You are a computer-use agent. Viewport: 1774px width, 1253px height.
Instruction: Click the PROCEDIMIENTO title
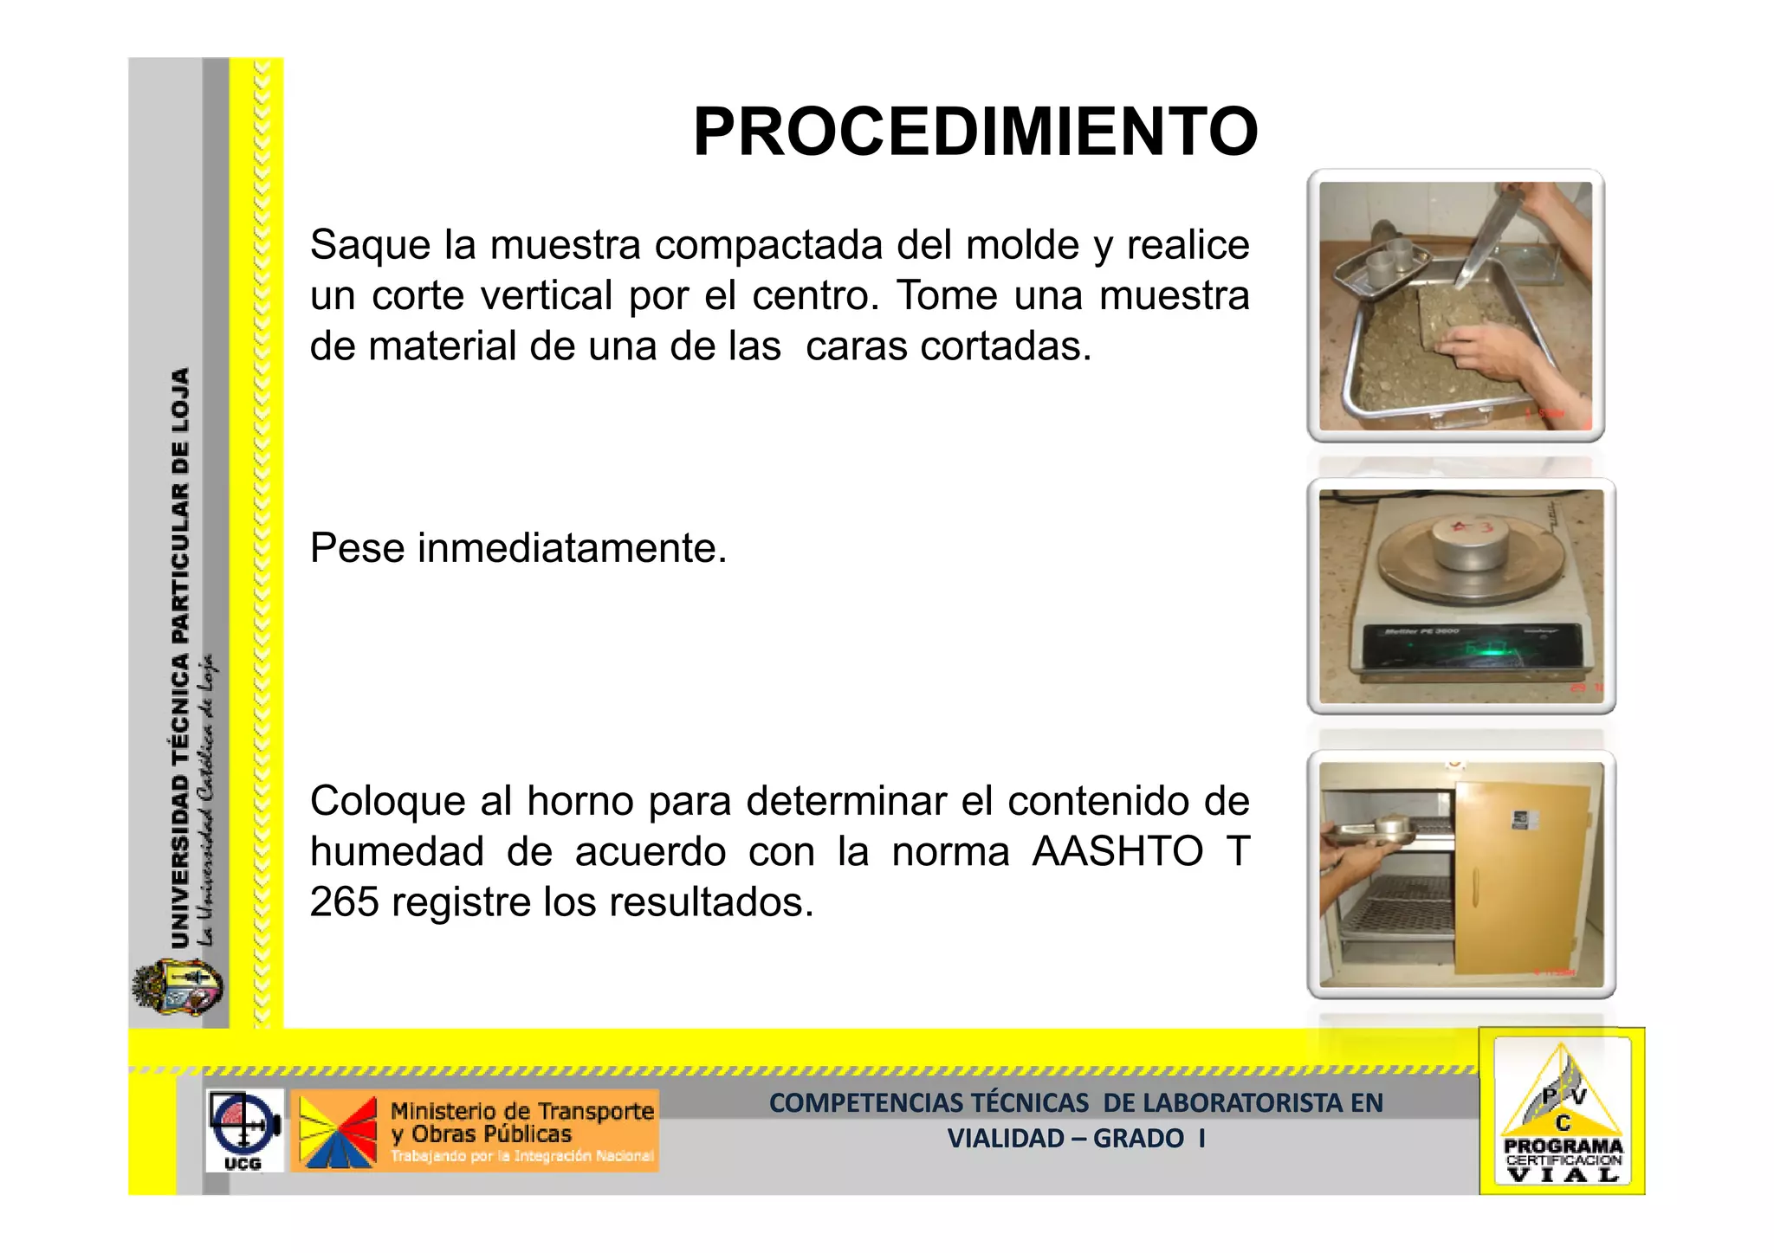coord(974,132)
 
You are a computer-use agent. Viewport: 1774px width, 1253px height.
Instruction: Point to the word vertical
coord(546,296)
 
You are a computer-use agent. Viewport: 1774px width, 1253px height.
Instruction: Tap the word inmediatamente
coord(572,548)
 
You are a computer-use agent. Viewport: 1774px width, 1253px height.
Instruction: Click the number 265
coord(344,902)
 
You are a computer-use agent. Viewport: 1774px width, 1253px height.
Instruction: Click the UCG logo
coord(244,1130)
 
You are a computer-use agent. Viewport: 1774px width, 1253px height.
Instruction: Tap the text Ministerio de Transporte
coord(522,1111)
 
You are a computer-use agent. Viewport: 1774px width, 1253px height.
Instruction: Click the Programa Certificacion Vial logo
coord(1562,1113)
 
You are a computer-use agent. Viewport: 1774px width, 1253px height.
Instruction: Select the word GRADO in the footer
coord(1137,1139)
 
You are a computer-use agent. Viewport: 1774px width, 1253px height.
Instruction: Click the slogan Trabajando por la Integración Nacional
coord(521,1157)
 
